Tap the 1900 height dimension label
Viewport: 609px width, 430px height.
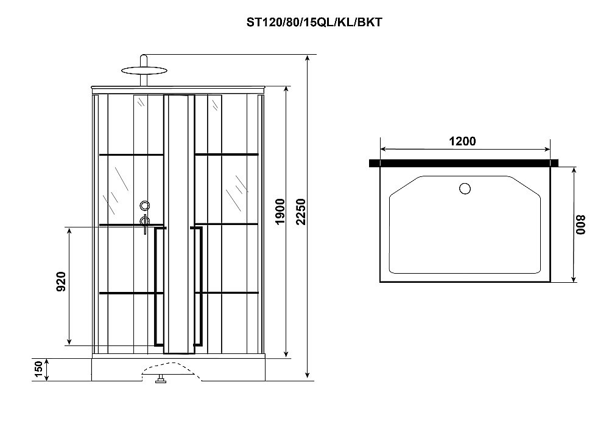280,212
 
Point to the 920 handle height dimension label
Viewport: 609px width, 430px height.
61,282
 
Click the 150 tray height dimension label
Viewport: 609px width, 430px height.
38,370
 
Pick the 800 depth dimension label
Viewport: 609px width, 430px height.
581,224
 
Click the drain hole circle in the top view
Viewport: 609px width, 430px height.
465,188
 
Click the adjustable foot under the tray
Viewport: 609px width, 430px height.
162,381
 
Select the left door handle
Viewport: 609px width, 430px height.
159,286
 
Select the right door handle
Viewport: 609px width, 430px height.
199,286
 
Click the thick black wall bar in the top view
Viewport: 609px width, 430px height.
464,163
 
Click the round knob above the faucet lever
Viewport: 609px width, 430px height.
144,206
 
